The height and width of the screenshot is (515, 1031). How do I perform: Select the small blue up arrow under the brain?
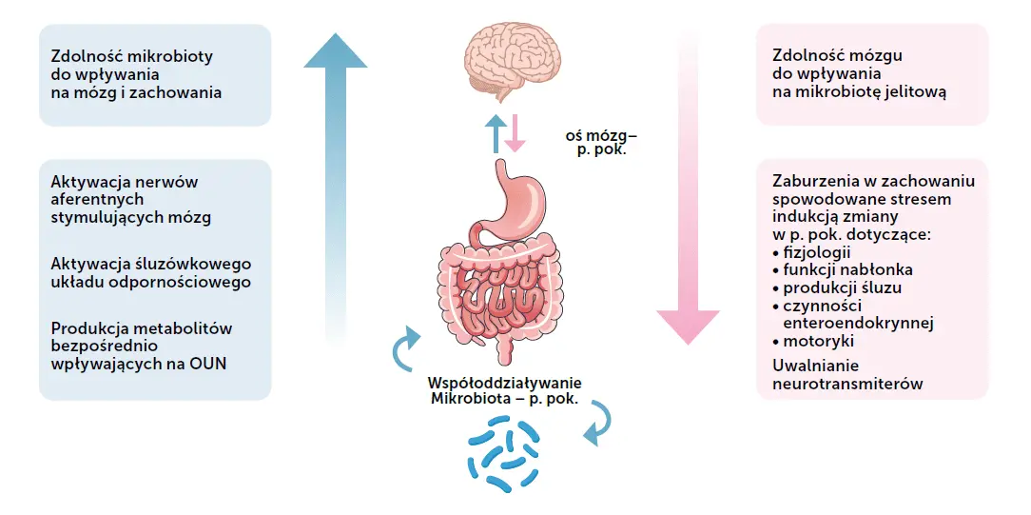tap(494, 134)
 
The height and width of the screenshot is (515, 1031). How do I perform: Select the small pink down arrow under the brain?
tap(515, 134)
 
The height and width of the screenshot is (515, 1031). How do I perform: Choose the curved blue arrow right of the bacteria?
tap(597, 423)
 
